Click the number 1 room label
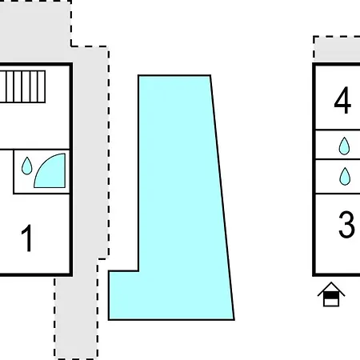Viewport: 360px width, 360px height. tap(27, 238)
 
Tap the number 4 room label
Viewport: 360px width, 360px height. tap(342, 100)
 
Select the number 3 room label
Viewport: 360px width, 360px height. tap(346, 224)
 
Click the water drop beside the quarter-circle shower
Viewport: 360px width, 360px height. tap(26, 166)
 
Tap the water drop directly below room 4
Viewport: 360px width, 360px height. tap(344, 146)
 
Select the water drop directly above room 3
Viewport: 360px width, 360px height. tap(345, 176)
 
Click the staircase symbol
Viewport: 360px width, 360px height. tap(22, 86)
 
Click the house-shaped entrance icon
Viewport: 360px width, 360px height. tap(331, 294)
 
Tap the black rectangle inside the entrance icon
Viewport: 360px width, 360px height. tap(331, 295)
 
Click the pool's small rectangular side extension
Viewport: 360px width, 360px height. tap(123, 295)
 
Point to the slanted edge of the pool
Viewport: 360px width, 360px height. tap(222, 198)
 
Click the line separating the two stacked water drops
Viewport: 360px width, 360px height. tap(338, 159)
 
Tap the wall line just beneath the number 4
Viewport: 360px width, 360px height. tap(338, 130)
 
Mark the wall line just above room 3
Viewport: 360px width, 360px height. tap(338, 194)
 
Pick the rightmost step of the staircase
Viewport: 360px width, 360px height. tap(42, 86)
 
